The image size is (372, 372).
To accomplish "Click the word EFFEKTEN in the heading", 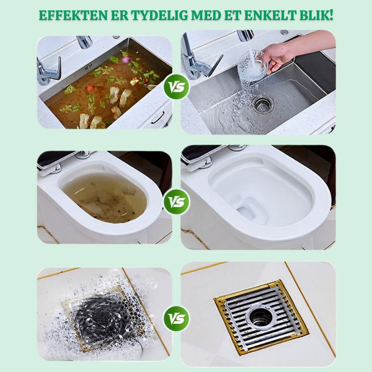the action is pyautogui.click(x=73, y=15).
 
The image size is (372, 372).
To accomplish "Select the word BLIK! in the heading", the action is pyautogui.click(x=316, y=15).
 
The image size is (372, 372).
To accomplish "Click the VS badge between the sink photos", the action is pyautogui.click(x=176, y=87).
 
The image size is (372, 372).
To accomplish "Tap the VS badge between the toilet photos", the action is pyautogui.click(x=176, y=202).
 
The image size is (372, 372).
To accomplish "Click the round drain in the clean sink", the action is pyautogui.click(x=263, y=104).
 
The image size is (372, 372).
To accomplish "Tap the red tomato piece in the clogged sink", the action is pyautogui.click(x=90, y=88).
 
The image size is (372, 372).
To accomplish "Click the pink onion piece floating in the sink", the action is pyautogui.click(x=126, y=60).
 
